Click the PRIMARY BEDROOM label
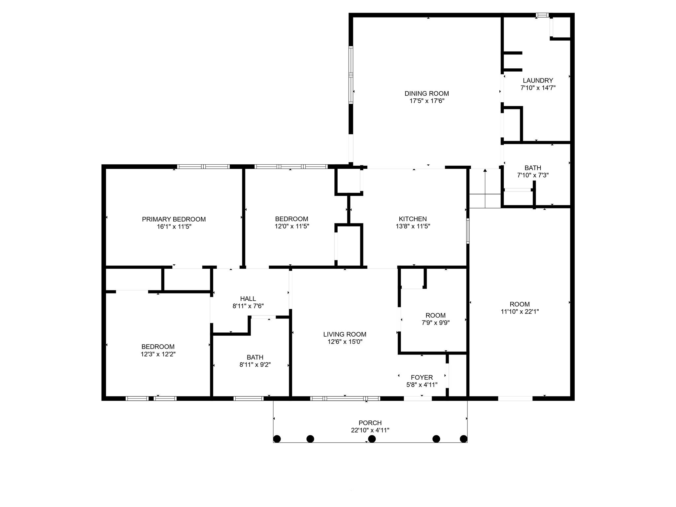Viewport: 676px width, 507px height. click(174, 219)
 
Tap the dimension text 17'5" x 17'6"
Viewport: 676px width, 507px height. click(427, 101)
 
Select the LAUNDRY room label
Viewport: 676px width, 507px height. click(538, 81)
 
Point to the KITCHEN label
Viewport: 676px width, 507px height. click(413, 219)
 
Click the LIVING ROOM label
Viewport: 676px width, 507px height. click(345, 334)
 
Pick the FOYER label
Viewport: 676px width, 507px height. click(422, 377)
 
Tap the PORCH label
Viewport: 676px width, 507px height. click(370, 423)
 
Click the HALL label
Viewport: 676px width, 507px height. click(248, 299)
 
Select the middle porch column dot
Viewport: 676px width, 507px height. click(372, 439)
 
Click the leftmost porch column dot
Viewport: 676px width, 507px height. click(277, 439)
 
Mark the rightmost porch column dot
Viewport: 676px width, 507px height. click(463, 439)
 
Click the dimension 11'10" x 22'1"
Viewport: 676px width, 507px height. click(520, 311)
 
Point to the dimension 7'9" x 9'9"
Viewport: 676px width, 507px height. click(435, 322)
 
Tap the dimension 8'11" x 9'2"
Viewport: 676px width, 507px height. click(255, 365)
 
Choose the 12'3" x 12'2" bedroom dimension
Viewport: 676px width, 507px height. click(158, 354)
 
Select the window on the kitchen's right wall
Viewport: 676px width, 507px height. click(468, 231)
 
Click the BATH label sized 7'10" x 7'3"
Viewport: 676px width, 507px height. click(532, 168)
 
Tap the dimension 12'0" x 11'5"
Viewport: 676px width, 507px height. click(291, 226)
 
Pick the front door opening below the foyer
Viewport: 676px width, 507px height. click(418, 398)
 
